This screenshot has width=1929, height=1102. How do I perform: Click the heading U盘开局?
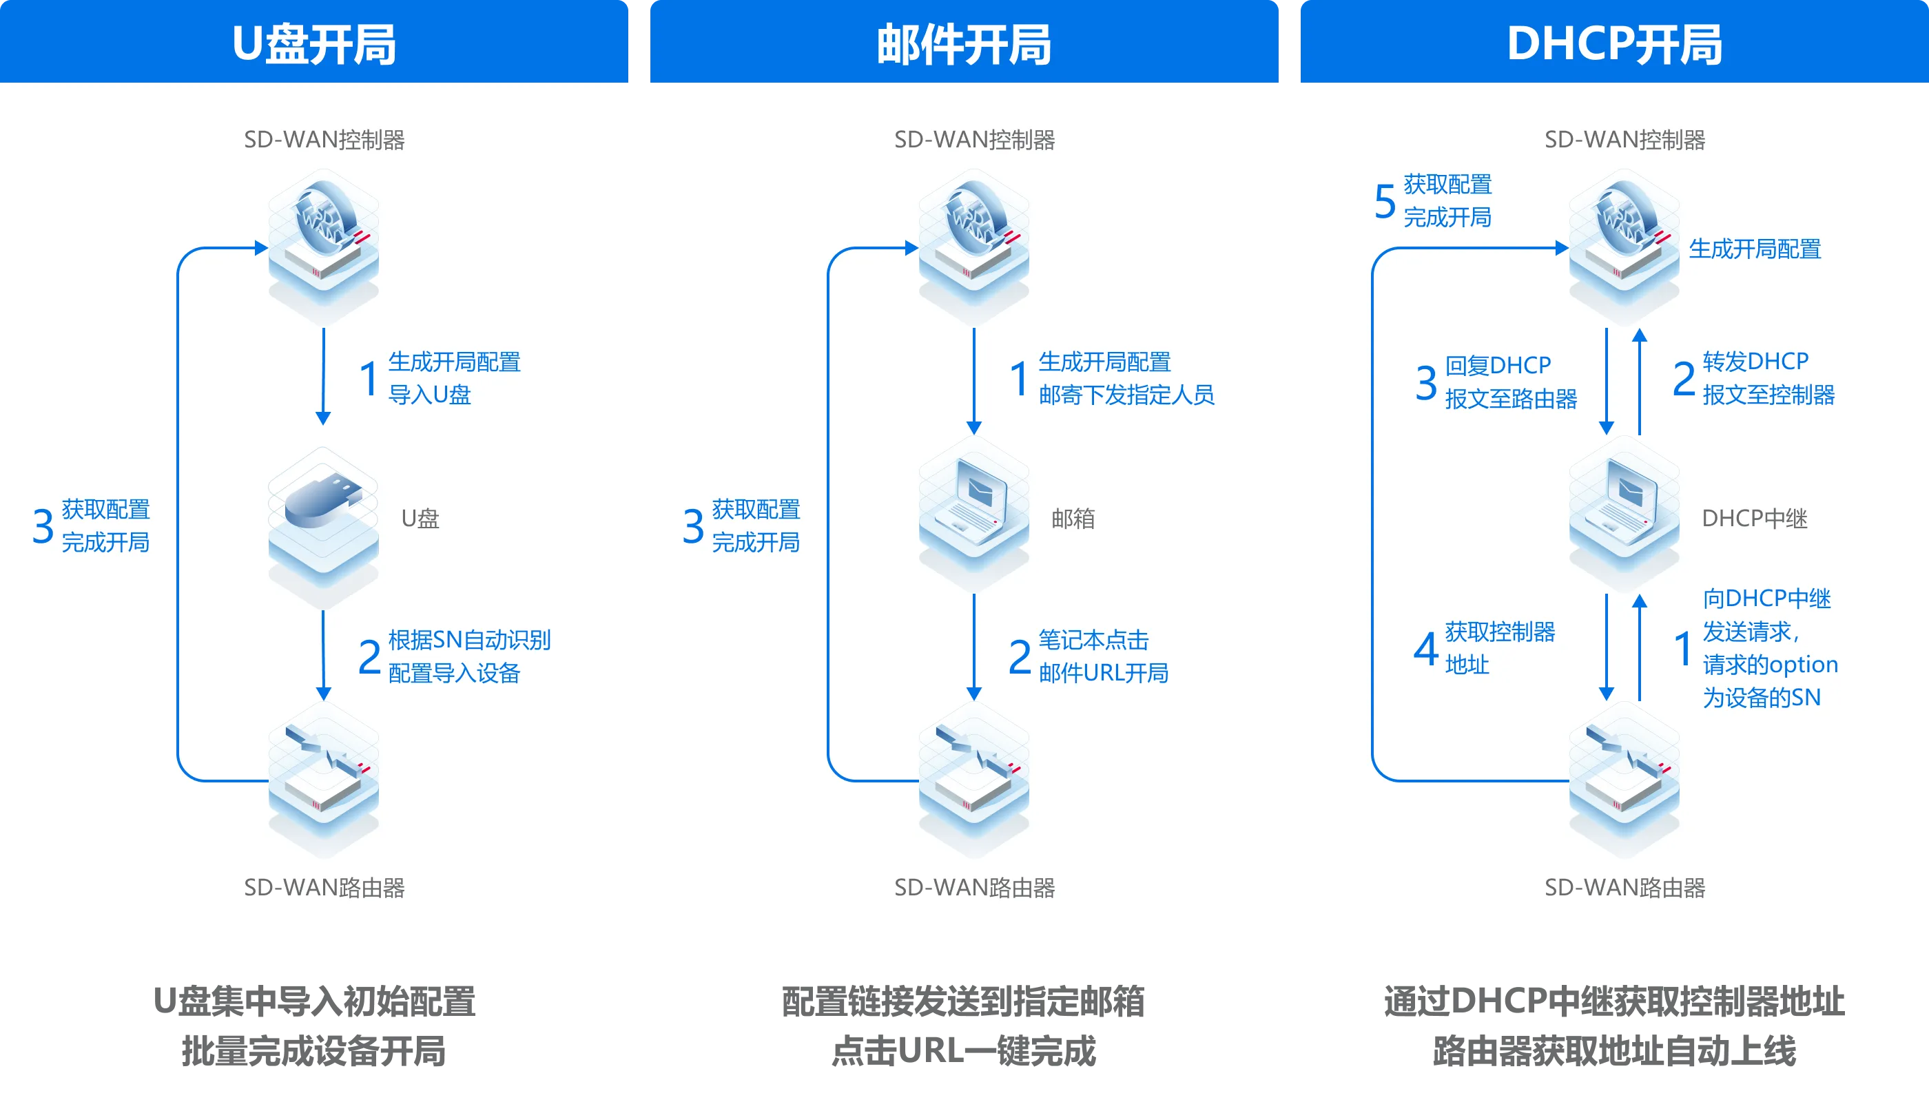(x=313, y=44)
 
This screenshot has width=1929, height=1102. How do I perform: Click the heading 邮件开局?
(x=964, y=44)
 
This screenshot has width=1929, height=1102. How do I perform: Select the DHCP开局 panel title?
(x=1614, y=44)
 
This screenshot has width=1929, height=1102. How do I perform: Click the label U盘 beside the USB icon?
(x=420, y=519)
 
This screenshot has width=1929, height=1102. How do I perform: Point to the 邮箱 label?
(x=1073, y=519)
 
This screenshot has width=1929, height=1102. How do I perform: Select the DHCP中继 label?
(x=1754, y=519)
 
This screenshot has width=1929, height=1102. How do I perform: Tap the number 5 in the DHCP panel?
(x=1385, y=201)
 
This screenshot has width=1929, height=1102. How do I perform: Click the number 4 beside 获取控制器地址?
(x=1425, y=649)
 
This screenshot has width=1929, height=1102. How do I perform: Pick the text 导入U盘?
(x=429, y=395)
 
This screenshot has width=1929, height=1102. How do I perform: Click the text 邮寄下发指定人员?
(x=1126, y=395)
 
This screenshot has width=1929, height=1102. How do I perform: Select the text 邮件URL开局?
(x=1103, y=673)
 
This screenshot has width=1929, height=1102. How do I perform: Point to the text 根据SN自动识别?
(x=469, y=641)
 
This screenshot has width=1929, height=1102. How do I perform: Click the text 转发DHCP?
(x=1755, y=362)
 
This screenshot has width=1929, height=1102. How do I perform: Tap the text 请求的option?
(x=1770, y=665)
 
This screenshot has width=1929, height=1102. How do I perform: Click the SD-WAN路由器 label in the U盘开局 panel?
(x=324, y=887)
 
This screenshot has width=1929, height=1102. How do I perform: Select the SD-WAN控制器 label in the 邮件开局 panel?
(x=974, y=139)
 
